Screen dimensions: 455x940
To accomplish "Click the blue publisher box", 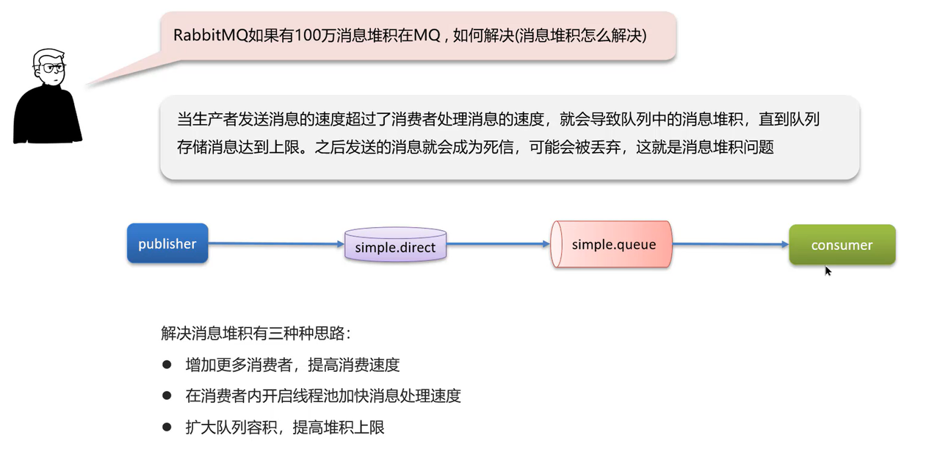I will coord(167,243).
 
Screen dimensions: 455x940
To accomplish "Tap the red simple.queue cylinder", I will coord(612,244).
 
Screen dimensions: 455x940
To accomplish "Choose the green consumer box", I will coord(842,245).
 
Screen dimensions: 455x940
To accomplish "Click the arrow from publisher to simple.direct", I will coord(276,243).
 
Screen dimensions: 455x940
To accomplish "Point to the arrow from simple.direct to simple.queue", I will coord(499,244).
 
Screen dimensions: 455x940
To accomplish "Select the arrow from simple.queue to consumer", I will coord(730,245).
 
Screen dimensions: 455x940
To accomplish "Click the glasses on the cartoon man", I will coord(53,68).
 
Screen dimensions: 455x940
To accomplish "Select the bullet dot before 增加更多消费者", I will coord(167,365).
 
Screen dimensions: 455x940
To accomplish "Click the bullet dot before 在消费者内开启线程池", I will coord(167,395).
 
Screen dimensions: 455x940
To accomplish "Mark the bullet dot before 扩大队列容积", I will coord(167,427).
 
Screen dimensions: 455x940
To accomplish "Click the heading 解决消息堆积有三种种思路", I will coord(256,333).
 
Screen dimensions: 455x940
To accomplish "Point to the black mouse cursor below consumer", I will coord(828,271).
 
